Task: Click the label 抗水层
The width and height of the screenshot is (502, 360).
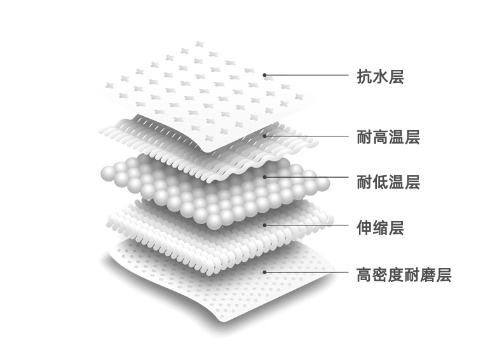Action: (380, 77)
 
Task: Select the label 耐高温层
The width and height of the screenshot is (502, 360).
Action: (388, 137)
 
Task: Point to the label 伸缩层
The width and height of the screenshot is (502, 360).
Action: (380, 226)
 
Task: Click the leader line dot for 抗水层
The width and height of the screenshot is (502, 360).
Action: (266, 75)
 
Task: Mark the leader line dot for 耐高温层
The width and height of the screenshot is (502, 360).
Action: (266, 135)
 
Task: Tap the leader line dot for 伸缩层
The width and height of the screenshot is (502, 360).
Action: (266, 225)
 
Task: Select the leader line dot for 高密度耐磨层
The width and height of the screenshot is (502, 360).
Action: (266, 271)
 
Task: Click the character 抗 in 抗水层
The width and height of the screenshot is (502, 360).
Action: (364, 77)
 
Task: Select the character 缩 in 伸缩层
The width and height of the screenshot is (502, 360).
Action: (380, 226)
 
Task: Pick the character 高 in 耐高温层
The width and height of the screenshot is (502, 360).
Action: (380, 137)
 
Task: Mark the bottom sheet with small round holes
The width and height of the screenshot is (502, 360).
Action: (210, 292)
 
